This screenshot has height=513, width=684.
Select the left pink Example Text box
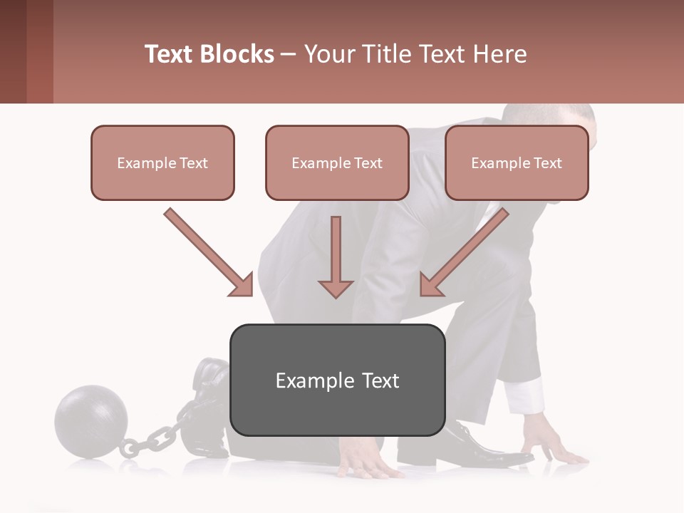162,162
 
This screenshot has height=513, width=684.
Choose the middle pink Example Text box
337,162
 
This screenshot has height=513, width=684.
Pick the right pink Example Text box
517,162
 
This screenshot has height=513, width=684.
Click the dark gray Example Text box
337,380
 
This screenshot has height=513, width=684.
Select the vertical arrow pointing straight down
336,256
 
